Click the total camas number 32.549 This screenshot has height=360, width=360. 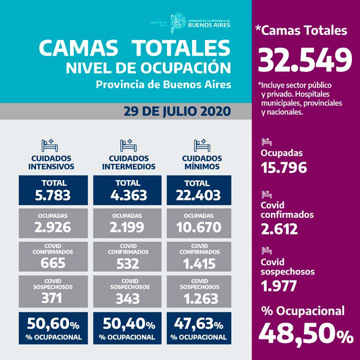(x=306, y=59)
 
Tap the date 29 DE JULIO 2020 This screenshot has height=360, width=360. (x=177, y=110)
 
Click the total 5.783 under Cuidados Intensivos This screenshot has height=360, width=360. (x=53, y=195)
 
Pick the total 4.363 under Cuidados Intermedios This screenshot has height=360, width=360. (x=127, y=195)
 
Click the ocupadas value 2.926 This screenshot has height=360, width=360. (x=53, y=227)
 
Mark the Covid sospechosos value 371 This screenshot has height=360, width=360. (x=53, y=298)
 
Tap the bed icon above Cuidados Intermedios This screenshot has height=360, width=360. (x=127, y=145)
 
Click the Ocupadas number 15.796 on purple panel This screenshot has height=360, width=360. (x=283, y=167)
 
